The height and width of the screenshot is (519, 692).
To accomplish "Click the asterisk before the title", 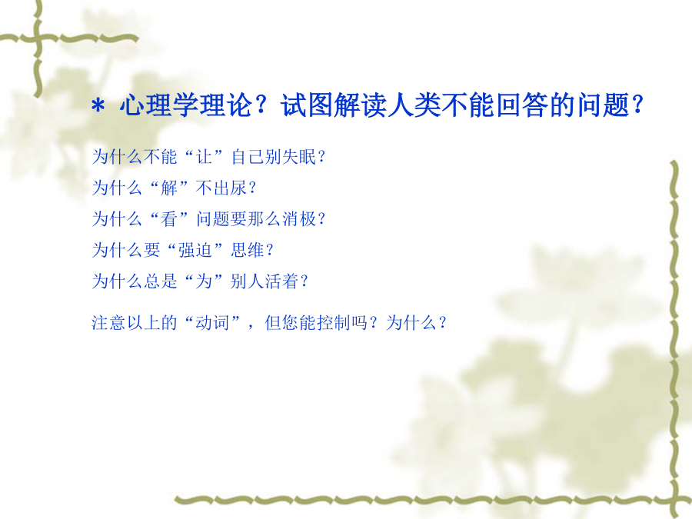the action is (98, 106).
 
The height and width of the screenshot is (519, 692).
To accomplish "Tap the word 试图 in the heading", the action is (307, 105).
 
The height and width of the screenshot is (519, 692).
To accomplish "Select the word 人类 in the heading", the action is (414, 105).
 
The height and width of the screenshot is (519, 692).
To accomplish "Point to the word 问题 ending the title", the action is (603, 105).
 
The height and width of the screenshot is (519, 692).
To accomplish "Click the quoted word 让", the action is (204, 157).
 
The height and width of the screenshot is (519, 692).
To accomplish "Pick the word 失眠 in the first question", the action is (300, 157).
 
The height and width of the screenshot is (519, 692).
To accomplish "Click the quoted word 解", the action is (169, 188).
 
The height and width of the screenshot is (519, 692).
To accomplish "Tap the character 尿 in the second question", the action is (239, 188).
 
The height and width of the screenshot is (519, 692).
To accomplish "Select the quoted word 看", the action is (169, 219).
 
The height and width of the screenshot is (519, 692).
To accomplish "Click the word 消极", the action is (300, 219).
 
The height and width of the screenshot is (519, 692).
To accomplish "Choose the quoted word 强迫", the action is (195, 250).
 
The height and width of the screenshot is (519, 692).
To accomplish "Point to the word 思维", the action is (248, 250).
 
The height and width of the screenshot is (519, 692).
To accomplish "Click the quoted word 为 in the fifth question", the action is (204, 281).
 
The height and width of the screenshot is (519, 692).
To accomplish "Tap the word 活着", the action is (282, 281).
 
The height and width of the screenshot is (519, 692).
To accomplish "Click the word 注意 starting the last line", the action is (108, 323).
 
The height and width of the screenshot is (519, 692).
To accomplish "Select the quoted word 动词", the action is (213, 323).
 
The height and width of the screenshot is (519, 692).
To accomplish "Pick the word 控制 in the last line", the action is (334, 323).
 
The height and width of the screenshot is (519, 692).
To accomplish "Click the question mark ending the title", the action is (637, 105).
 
